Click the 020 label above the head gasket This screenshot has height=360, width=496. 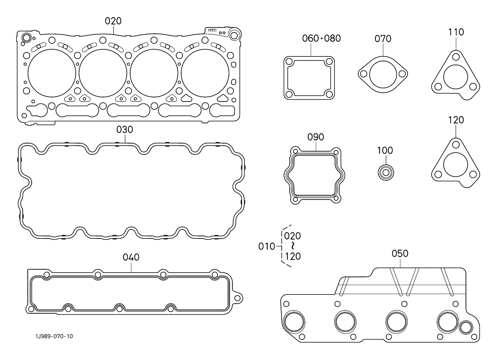click(113, 21)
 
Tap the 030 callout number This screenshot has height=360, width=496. click(125, 129)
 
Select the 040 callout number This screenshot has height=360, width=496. click(131, 257)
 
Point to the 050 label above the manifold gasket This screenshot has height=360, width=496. click(400, 254)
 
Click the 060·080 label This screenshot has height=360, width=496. click(321, 38)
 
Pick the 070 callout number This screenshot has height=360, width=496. click(383, 39)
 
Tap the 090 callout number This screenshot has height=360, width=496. click(315, 137)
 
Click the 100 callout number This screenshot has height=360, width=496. click(385, 151)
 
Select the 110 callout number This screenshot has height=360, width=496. click(456, 32)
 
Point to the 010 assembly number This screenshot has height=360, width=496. click(267, 246)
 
